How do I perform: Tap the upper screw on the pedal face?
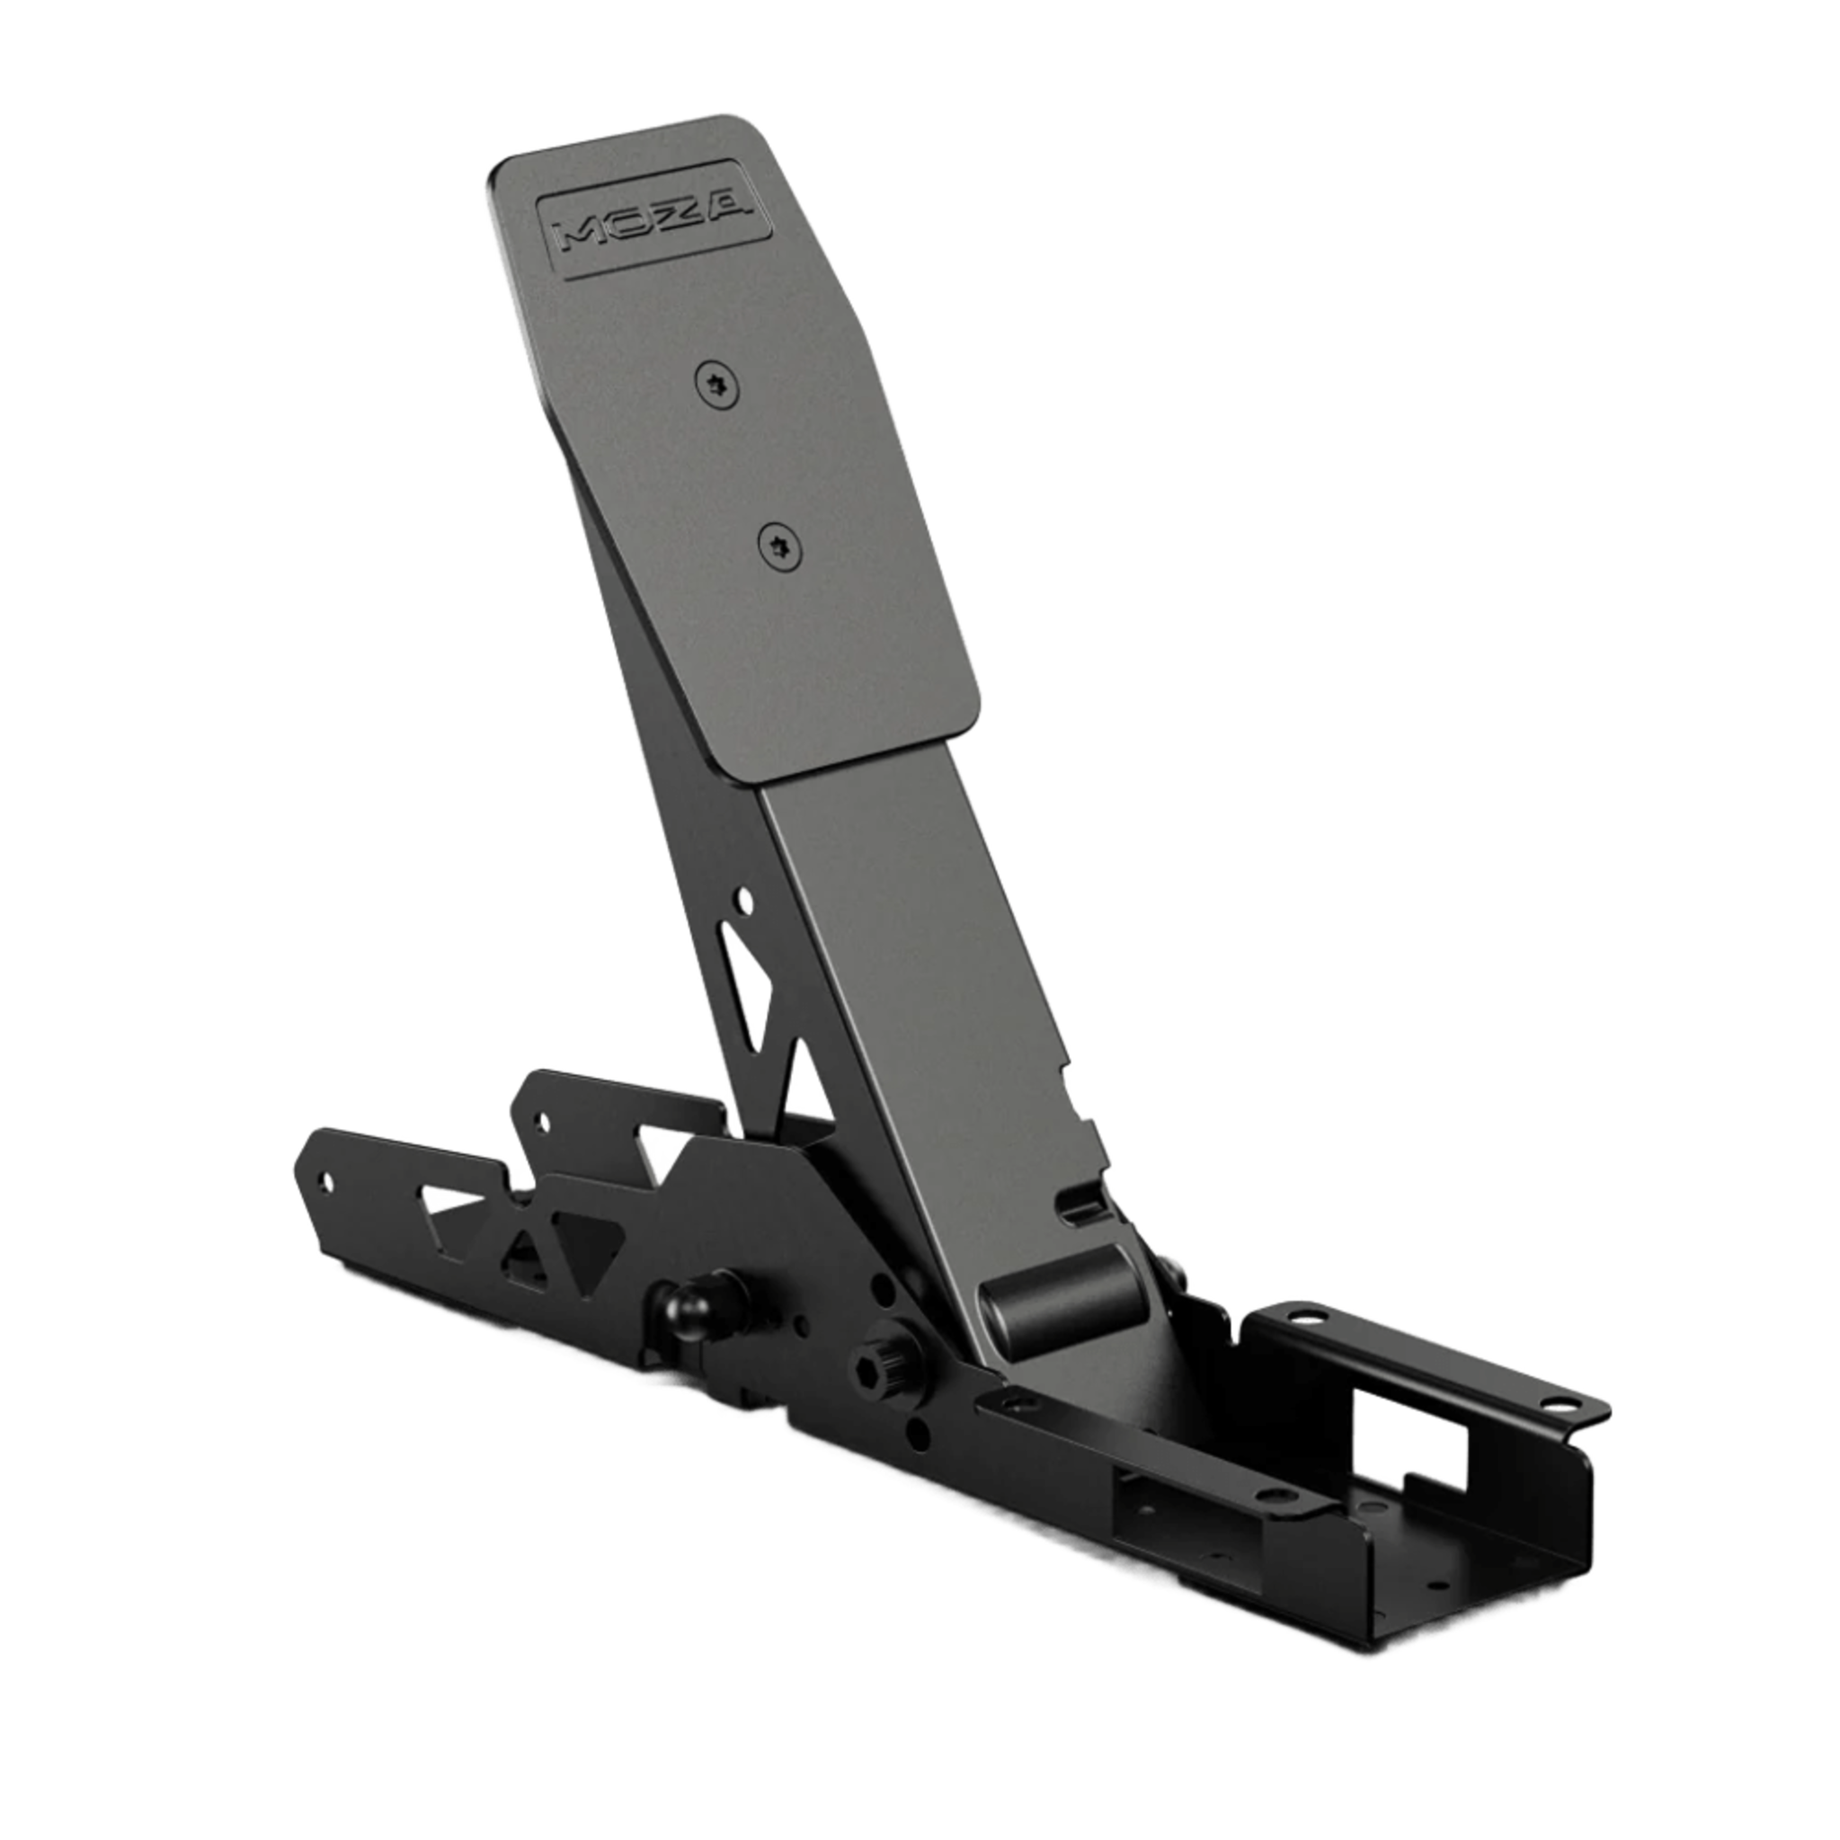coord(717,387)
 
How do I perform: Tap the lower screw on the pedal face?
coord(780,547)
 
